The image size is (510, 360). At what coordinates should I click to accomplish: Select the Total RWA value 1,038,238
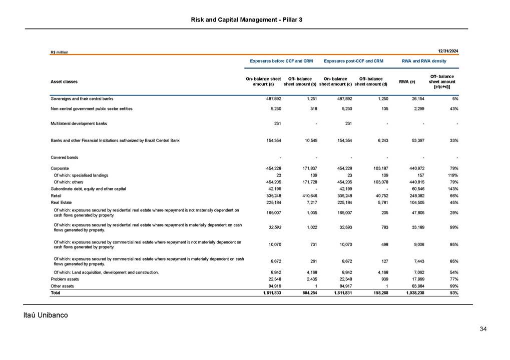tap(413, 292)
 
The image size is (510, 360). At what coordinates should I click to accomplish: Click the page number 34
tap(483, 329)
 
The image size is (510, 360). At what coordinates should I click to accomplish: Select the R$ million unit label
tap(59, 52)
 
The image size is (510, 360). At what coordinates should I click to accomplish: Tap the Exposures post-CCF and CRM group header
tap(353, 61)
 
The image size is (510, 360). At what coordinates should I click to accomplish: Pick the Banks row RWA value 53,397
tap(416, 140)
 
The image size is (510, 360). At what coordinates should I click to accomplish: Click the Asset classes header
tap(64, 81)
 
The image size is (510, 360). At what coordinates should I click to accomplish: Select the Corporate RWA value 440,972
tap(415, 169)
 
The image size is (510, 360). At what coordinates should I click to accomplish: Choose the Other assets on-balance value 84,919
tap(273, 286)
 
